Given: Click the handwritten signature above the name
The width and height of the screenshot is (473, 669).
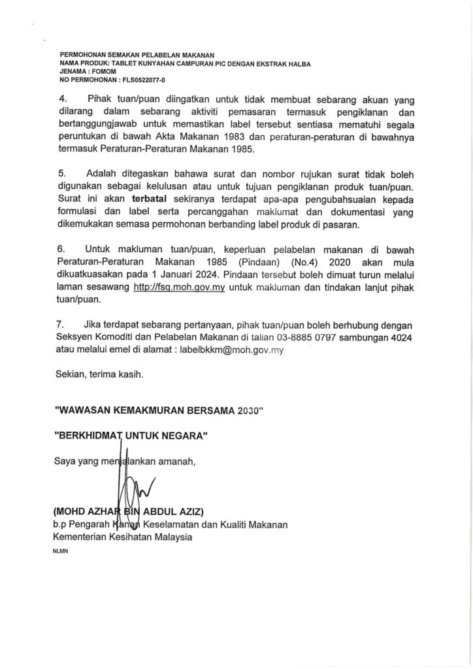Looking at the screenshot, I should [134, 487].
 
